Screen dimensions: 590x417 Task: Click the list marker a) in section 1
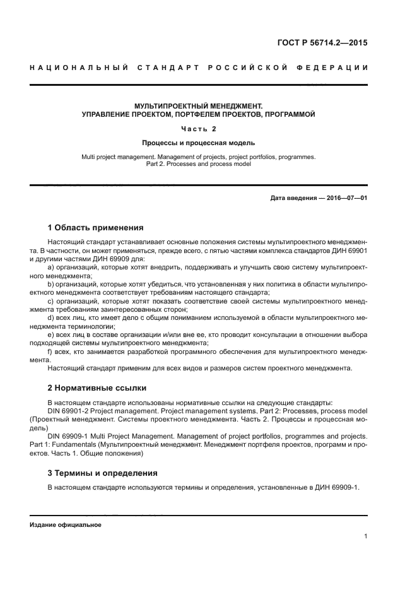point(50,268)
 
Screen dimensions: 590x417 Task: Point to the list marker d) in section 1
point(50,317)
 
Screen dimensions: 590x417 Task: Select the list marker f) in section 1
point(50,350)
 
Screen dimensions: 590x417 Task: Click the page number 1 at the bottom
point(365,537)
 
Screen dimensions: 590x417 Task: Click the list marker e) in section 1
point(50,334)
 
